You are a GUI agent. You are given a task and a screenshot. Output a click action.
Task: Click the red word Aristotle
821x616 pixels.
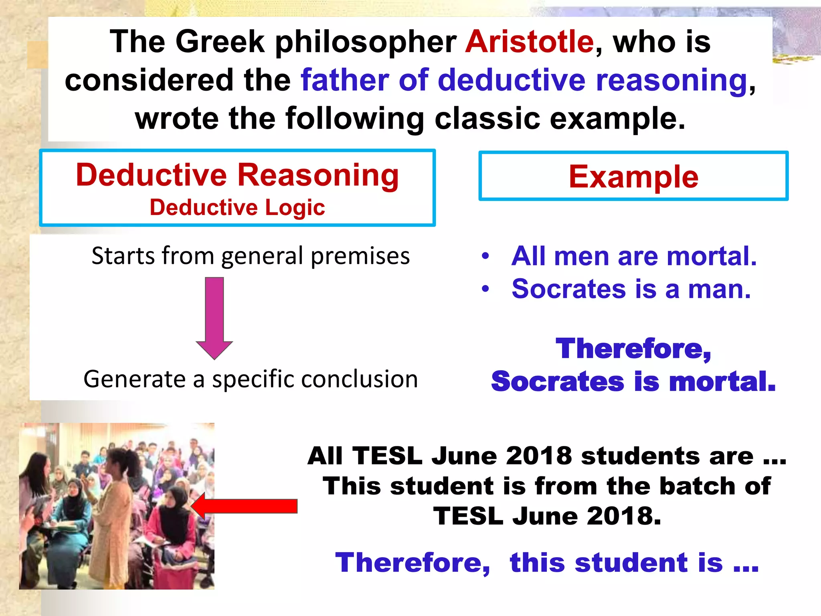[x=529, y=42]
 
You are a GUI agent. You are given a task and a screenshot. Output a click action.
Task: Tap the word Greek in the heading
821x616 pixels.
[x=220, y=42]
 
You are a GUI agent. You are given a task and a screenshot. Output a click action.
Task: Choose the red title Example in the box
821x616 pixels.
[x=633, y=177]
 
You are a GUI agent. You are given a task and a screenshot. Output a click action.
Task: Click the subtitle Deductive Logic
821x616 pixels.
[x=237, y=208]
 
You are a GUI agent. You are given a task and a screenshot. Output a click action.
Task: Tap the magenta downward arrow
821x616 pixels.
[x=214, y=317]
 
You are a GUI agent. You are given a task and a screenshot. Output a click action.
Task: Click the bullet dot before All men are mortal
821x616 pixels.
[x=485, y=256]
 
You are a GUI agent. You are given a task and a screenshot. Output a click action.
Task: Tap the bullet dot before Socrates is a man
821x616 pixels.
[x=485, y=289]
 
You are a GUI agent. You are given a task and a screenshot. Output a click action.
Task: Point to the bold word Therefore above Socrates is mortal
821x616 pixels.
[x=633, y=349]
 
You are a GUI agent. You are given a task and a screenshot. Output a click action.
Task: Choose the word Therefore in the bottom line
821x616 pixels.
[x=413, y=563]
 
